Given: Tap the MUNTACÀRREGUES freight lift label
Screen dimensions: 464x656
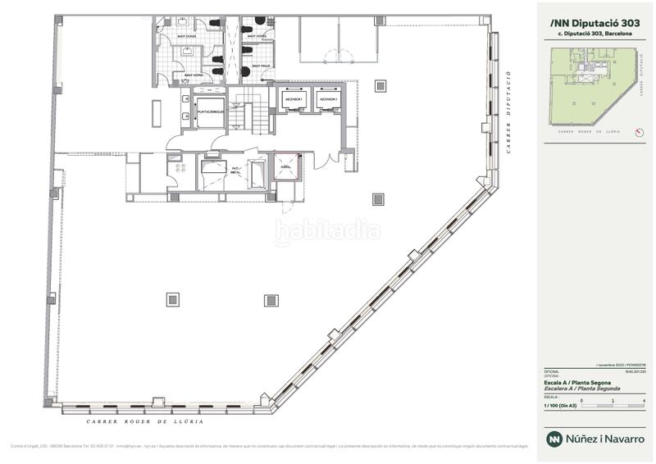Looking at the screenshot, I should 212,107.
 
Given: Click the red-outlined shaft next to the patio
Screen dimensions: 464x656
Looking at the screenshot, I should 288,167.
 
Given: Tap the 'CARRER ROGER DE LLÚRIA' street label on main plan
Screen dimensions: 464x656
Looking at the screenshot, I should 144,421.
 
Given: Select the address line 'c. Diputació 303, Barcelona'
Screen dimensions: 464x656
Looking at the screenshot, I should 594,34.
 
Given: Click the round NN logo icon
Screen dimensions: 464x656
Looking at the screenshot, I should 554,439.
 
